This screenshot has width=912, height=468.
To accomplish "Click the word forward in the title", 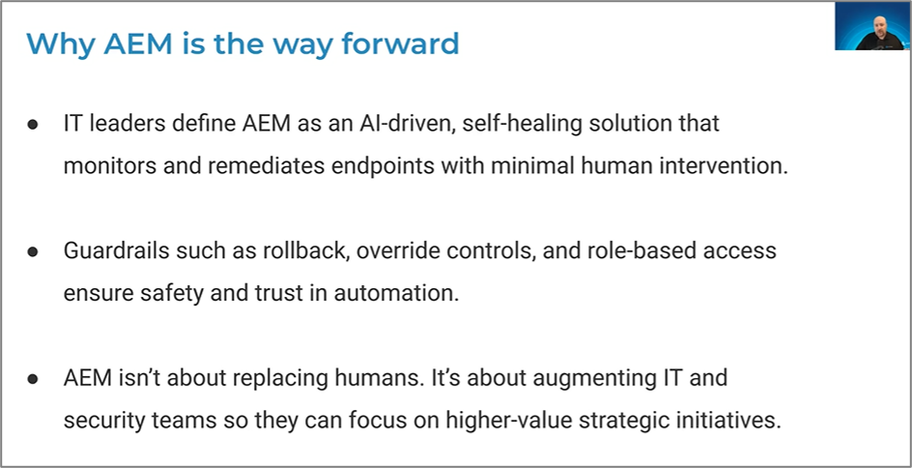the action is [400, 44].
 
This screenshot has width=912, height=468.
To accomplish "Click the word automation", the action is [396, 293].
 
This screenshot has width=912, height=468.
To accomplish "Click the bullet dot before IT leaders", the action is [33, 125].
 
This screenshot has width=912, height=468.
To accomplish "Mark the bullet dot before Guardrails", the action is [33, 252].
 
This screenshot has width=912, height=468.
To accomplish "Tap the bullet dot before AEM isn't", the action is [33, 379].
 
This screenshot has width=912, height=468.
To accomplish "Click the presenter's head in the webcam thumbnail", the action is [879, 26].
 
